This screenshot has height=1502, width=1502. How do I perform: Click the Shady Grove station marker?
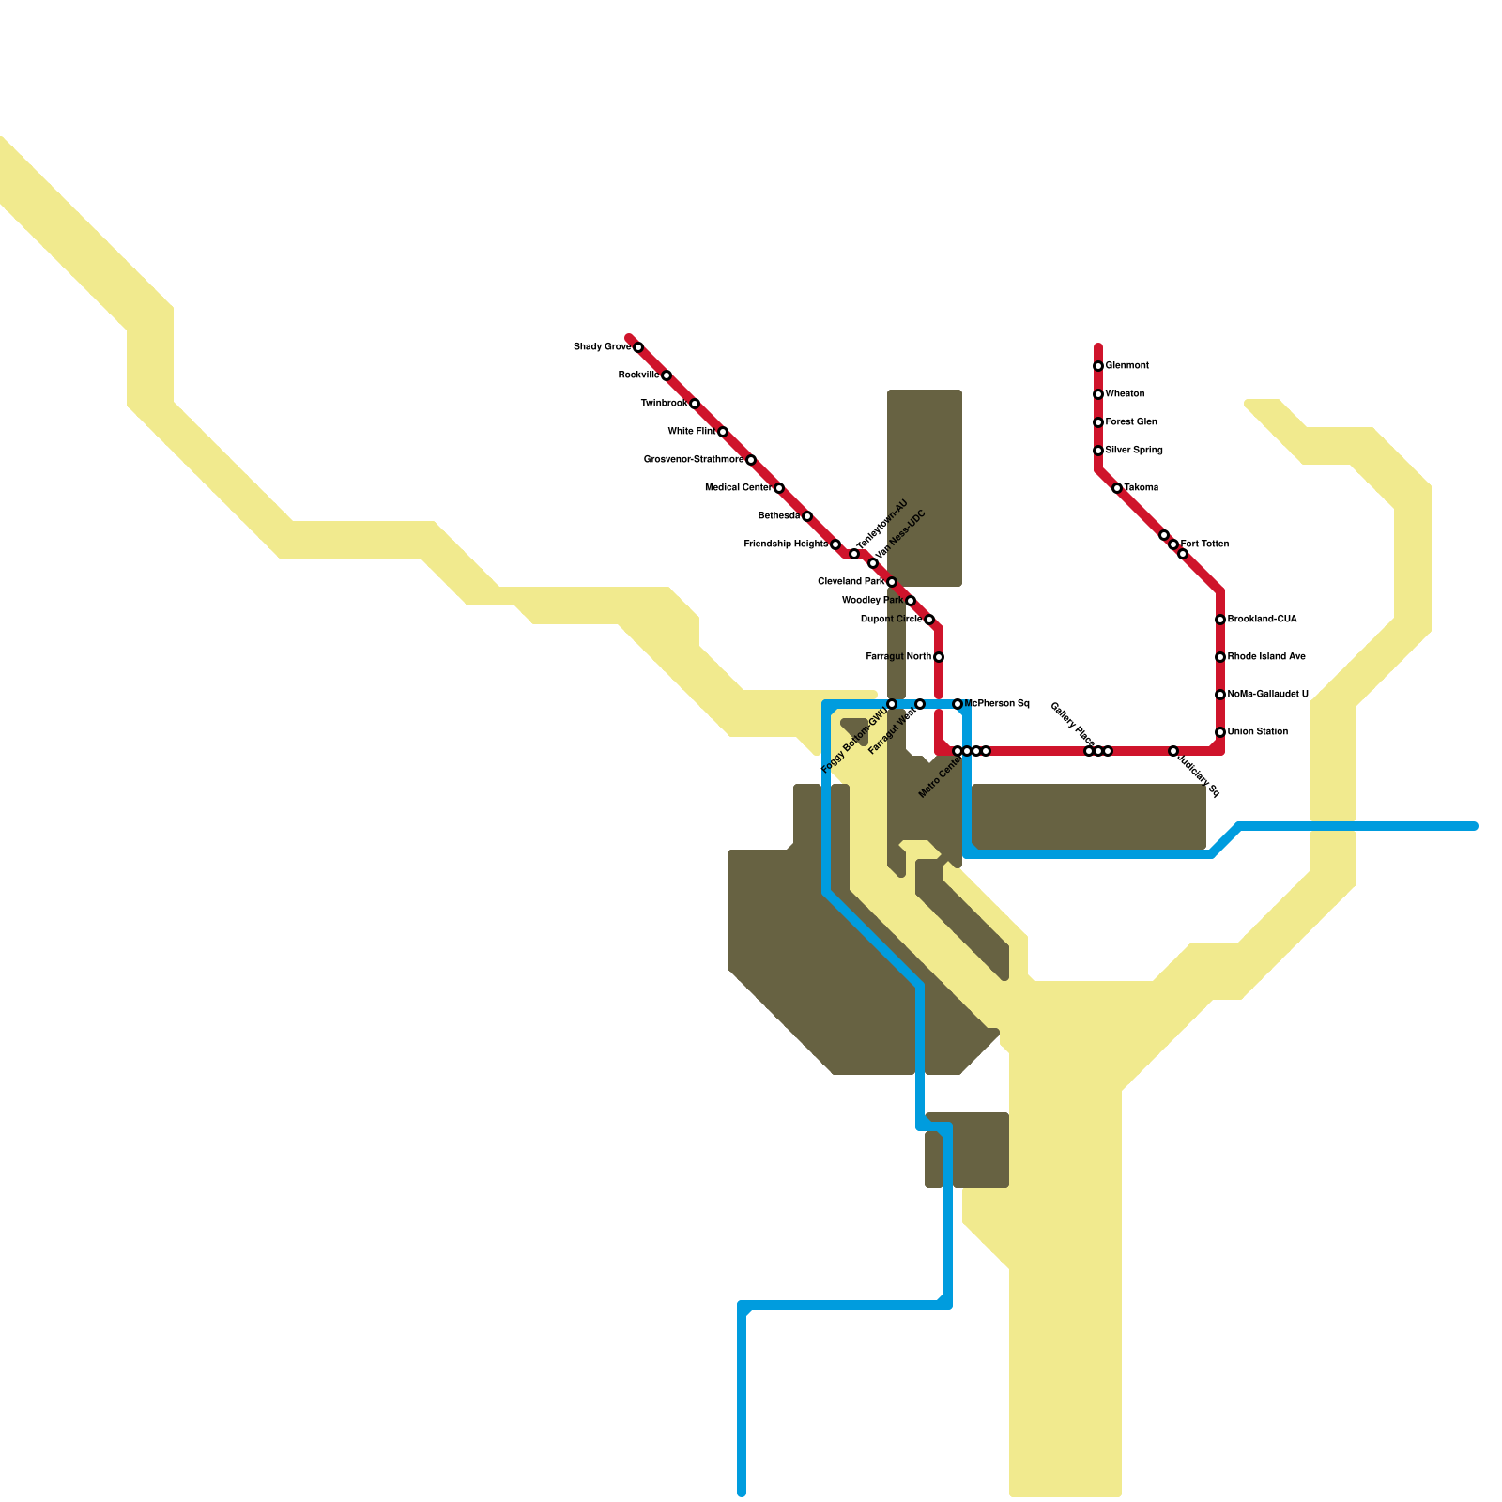click(x=638, y=347)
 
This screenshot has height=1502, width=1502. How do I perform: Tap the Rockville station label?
click(x=638, y=375)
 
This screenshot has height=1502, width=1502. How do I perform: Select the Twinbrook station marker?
click(x=695, y=404)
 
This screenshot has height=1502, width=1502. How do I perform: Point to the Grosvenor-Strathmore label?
click(x=693, y=460)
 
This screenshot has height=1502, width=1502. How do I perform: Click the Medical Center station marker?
click(x=779, y=488)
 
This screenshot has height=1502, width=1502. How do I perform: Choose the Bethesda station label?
click(x=778, y=516)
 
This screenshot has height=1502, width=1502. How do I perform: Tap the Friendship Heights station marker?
click(x=835, y=544)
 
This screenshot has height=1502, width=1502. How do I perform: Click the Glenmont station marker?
click(x=1098, y=366)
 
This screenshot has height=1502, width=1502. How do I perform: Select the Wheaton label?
click(x=1125, y=394)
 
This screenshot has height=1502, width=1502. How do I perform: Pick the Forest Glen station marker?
click(x=1098, y=422)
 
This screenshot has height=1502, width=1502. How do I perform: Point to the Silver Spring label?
click(x=1134, y=451)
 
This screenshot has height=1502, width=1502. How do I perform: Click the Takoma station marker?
click(x=1117, y=488)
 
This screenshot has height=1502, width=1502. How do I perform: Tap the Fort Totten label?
click(x=1204, y=544)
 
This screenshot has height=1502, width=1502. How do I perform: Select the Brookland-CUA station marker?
click(x=1220, y=620)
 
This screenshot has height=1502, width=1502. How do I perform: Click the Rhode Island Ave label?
click(x=1266, y=657)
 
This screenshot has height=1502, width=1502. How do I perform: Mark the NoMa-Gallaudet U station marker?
click(x=1220, y=695)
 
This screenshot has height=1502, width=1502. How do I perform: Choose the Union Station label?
click(x=1258, y=732)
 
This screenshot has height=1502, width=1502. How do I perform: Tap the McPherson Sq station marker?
click(x=958, y=704)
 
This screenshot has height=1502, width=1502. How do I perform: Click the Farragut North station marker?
click(x=939, y=657)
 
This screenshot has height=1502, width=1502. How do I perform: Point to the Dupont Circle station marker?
click(x=929, y=620)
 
